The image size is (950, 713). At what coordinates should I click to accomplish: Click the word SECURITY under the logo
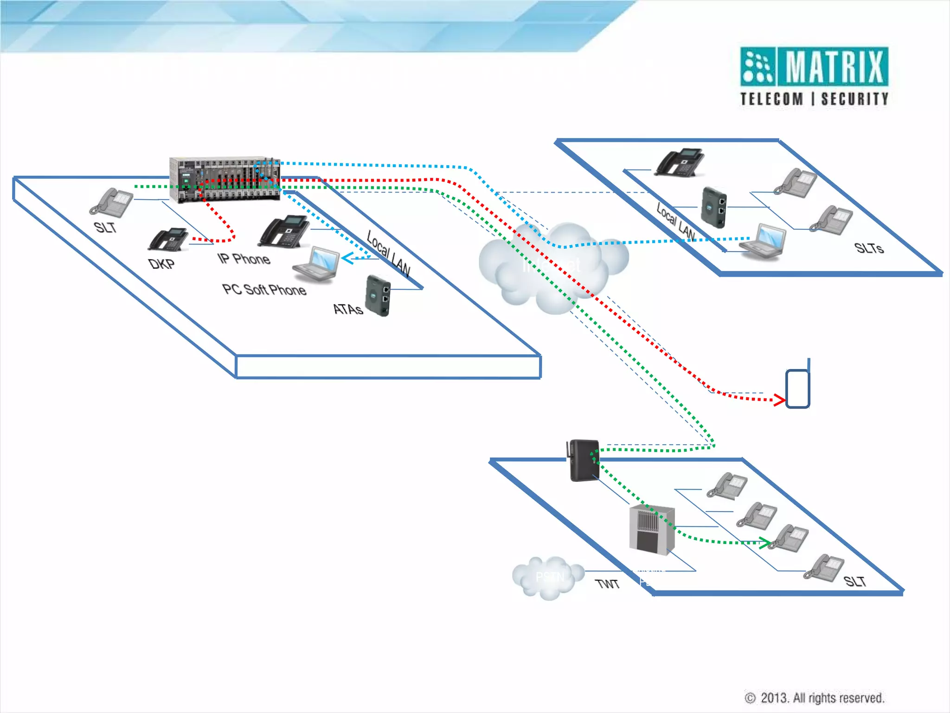pyautogui.click(x=854, y=99)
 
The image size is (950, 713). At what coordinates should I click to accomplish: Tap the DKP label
pyautogui.click(x=161, y=264)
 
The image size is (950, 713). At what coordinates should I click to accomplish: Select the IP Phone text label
pyautogui.click(x=244, y=259)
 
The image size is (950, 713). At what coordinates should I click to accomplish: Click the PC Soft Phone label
pyautogui.click(x=264, y=290)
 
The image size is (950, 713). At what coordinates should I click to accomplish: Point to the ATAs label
pyautogui.click(x=347, y=309)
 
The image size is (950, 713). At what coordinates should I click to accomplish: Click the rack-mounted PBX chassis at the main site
pyautogui.click(x=225, y=179)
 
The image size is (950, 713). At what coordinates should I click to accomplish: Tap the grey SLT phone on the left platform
pyautogui.click(x=112, y=203)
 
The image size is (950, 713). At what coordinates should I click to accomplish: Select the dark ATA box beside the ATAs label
pyautogui.click(x=378, y=296)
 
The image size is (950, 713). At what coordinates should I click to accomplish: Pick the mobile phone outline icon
pyautogui.click(x=797, y=389)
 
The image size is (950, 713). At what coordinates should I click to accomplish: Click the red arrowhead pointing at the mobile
pyautogui.click(x=779, y=400)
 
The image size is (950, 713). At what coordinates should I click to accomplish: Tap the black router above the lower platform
pyautogui.click(x=583, y=460)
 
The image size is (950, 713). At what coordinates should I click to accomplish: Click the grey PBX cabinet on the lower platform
pyautogui.click(x=651, y=530)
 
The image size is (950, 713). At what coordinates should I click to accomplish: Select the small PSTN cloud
pyautogui.click(x=548, y=577)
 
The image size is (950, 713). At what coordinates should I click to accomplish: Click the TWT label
pyautogui.click(x=607, y=583)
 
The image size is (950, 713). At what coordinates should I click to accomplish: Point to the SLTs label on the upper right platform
pyautogui.click(x=869, y=248)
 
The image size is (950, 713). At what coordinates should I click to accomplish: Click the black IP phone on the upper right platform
pyautogui.click(x=680, y=163)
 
